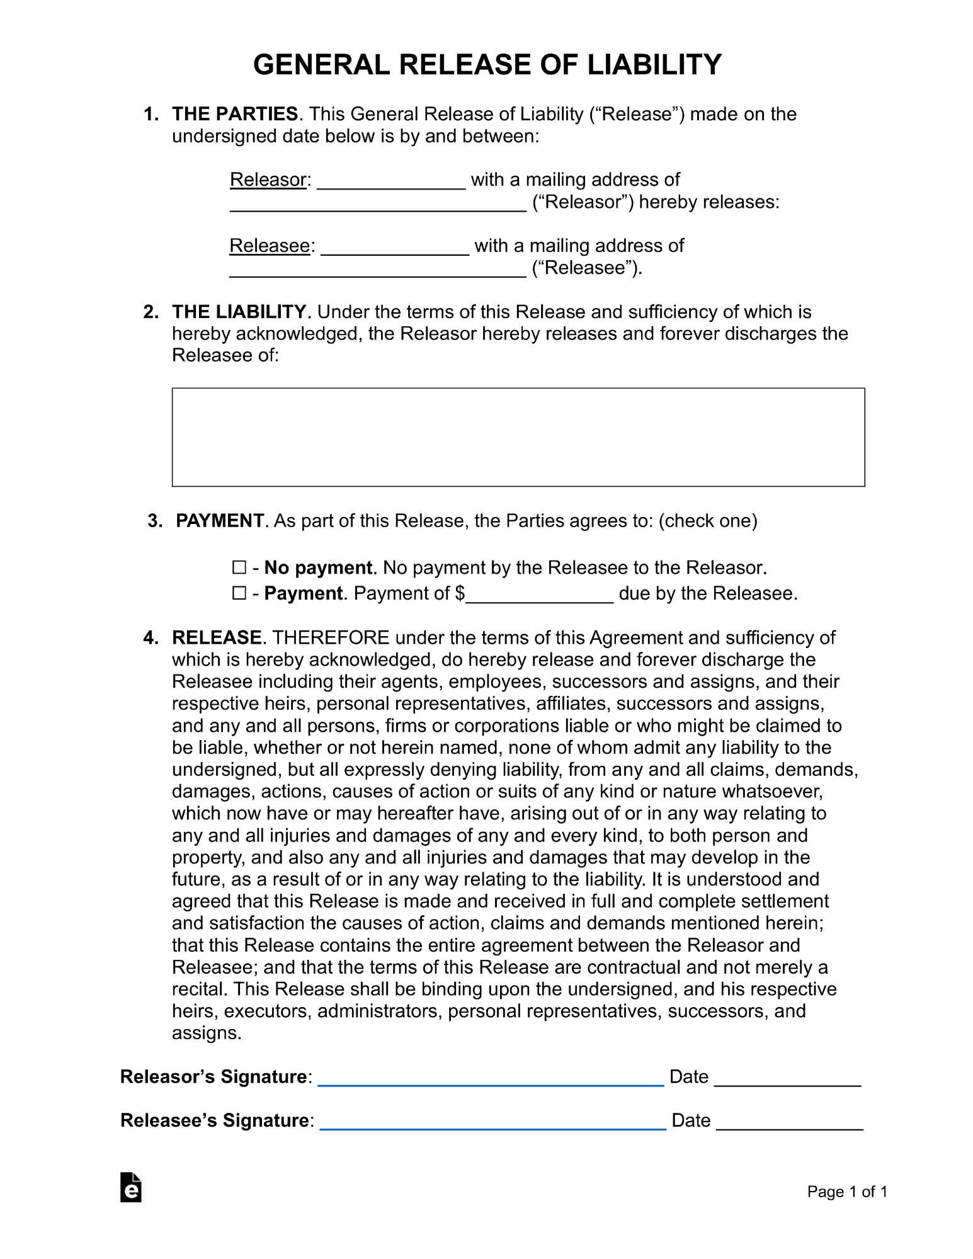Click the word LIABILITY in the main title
point(654,65)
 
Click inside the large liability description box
point(518,437)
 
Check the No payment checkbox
point(239,567)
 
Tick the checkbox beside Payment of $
point(239,593)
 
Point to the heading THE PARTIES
point(235,114)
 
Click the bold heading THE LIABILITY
point(239,312)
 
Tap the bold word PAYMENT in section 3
point(220,521)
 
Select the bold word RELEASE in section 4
point(217,637)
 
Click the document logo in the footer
point(131,1187)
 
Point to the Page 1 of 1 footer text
point(847,1192)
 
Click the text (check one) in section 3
point(708,521)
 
